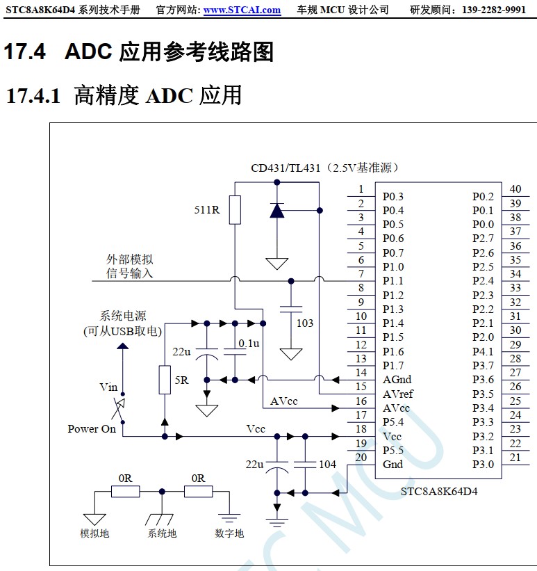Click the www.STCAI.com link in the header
[x=242, y=10]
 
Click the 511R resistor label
[x=206, y=209]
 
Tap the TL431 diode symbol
[x=277, y=210]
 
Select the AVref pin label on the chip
[x=398, y=394]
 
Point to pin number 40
[x=515, y=189]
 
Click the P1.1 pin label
[x=393, y=281]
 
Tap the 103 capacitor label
[x=304, y=323]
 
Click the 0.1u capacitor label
[x=249, y=344]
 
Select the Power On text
[x=92, y=429]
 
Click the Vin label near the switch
[x=108, y=387]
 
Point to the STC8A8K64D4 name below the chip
[x=439, y=491]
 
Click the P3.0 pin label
[x=483, y=465]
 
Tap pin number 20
[x=361, y=457]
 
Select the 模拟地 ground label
[x=94, y=533]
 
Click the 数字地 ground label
[x=229, y=533]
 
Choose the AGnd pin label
[x=397, y=380]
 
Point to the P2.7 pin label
[x=483, y=239]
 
